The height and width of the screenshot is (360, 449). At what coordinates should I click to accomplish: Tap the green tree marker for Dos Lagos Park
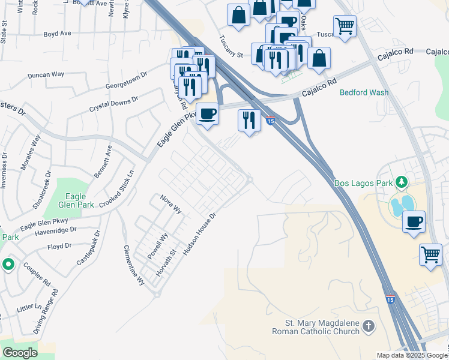tap(401, 182)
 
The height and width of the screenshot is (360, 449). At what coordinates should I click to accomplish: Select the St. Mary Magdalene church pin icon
tap(369, 327)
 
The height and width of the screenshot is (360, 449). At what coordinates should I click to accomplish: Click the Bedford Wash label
tap(364, 92)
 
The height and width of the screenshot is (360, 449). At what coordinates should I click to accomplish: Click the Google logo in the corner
tap(20, 352)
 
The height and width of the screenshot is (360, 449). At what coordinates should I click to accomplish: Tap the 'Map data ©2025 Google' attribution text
tap(412, 355)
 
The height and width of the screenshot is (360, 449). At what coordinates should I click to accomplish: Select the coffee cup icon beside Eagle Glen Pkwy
tap(208, 114)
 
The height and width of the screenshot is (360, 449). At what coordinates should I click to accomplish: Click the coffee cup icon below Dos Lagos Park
tap(414, 221)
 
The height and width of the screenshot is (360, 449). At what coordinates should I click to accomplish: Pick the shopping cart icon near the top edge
tap(345, 26)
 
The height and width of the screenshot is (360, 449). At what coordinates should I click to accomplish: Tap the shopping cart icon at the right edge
tap(431, 255)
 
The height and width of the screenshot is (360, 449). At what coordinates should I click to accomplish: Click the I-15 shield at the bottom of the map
tap(390, 300)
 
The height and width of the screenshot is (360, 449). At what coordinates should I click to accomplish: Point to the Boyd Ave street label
tap(58, 34)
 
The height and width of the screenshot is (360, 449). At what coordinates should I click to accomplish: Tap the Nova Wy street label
tap(170, 203)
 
